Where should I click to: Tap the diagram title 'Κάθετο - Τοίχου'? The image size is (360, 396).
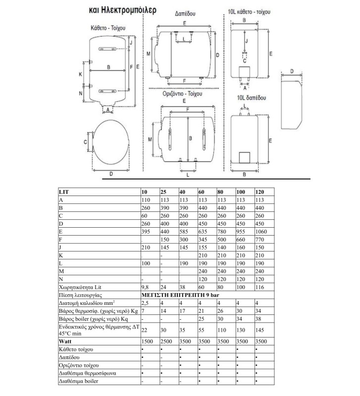point(108,29)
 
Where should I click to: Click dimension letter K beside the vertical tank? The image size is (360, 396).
point(81,74)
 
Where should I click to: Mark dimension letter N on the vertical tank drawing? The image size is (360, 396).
point(81,93)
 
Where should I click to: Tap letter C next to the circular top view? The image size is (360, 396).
point(85,142)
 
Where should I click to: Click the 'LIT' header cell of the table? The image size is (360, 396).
point(64,192)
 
